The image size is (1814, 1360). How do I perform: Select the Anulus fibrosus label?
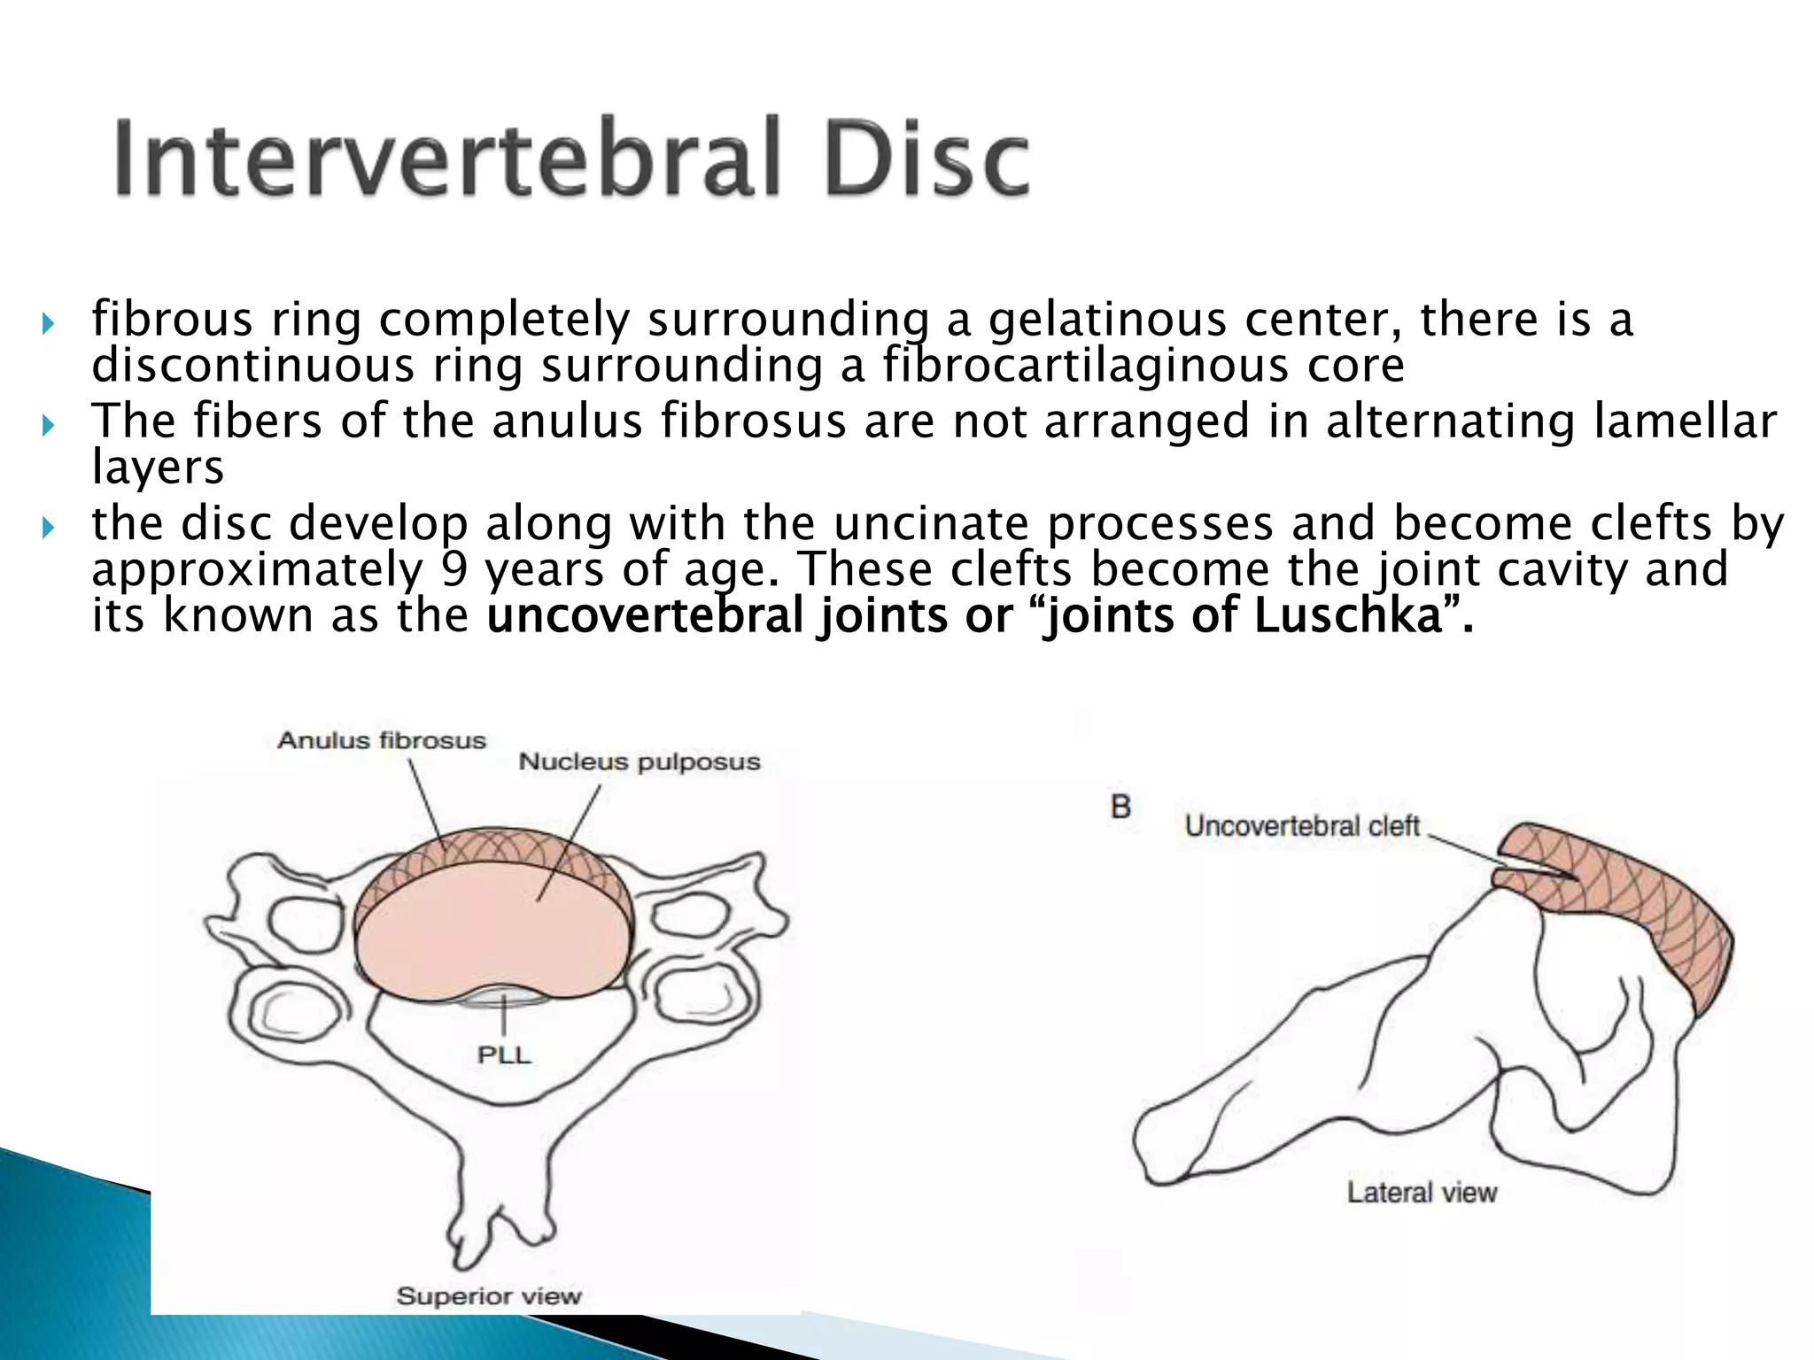(382, 740)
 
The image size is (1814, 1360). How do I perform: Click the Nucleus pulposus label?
(639, 761)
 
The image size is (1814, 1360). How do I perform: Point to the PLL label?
(504, 1055)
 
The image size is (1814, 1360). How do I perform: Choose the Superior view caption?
(489, 1296)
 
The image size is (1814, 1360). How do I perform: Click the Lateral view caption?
(1422, 1193)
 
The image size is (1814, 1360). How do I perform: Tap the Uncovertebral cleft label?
(1302, 826)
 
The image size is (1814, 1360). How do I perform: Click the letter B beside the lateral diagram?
(1120, 807)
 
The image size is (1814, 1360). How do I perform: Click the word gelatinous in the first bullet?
(1107, 321)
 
